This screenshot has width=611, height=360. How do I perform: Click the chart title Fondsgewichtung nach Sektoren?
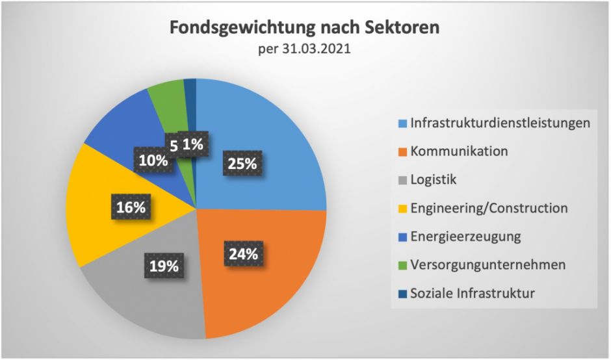[x=305, y=29]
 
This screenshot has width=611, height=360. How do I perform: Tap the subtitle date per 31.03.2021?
[x=305, y=49]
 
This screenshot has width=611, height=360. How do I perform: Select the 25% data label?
[x=242, y=164]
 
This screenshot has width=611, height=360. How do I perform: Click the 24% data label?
[x=242, y=253]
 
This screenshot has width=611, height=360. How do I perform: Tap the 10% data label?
[x=151, y=159]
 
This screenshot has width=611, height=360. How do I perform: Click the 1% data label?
[x=192, y=145]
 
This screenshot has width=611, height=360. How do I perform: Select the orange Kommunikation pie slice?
[x=273, y=286]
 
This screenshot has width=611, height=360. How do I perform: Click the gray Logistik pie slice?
[x=143, y=299]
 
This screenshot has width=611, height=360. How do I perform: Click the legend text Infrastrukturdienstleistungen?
[x=500, y=123]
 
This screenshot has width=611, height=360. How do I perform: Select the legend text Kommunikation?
[x=459, y=151]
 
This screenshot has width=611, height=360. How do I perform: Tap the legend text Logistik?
[x=433, y=179]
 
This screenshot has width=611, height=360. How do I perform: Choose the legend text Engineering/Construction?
[x=489, y=208]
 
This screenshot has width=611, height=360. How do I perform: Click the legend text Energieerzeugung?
[x=465, y=236]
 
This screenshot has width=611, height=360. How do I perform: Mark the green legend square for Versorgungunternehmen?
[x=402, y=265]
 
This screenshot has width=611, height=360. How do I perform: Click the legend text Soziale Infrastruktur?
[x=473, y=293]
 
